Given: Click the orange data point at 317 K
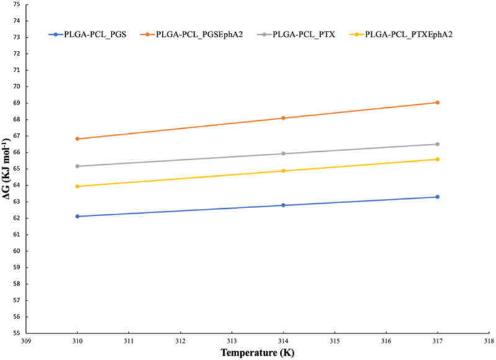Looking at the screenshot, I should point(437,102).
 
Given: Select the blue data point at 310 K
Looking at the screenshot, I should point(77,216).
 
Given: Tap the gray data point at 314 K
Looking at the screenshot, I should point(283,154).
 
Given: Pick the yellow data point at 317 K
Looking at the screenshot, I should point(437,159).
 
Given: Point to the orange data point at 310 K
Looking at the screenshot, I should point(77,139).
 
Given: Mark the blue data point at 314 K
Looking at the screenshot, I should point(283,205).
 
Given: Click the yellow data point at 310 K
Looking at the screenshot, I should point(77,187).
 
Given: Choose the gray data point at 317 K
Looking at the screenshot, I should point(437,144).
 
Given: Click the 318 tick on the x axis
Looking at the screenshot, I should point(489,341).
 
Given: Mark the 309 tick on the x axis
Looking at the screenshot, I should point(25,341).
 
